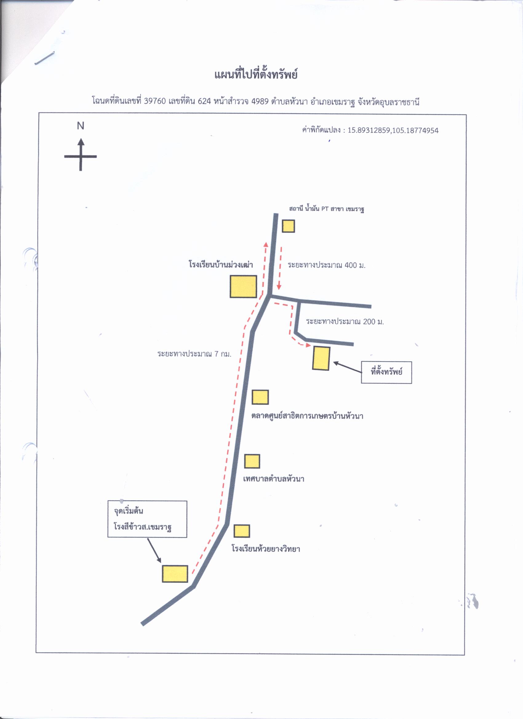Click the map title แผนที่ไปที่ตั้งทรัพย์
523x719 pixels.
256,75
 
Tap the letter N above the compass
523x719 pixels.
81,126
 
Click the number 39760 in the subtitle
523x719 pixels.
155,101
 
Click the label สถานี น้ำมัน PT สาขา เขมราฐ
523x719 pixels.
326,209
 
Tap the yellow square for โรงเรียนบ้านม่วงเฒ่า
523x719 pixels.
243,286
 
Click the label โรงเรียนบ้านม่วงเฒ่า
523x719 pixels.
221,264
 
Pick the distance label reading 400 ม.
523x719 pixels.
327,265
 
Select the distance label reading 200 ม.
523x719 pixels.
345,322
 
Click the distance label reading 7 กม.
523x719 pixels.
194,354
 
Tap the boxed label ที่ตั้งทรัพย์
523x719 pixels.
386,372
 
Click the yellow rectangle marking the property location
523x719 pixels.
321,358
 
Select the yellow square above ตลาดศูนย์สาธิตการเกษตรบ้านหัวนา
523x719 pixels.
260,397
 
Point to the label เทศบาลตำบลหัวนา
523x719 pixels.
274,479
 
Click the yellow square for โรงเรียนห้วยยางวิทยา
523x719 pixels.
242,531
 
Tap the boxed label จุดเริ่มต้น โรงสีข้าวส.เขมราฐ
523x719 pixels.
147,519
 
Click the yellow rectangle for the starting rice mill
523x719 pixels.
175,574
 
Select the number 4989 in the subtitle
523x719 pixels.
260,101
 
